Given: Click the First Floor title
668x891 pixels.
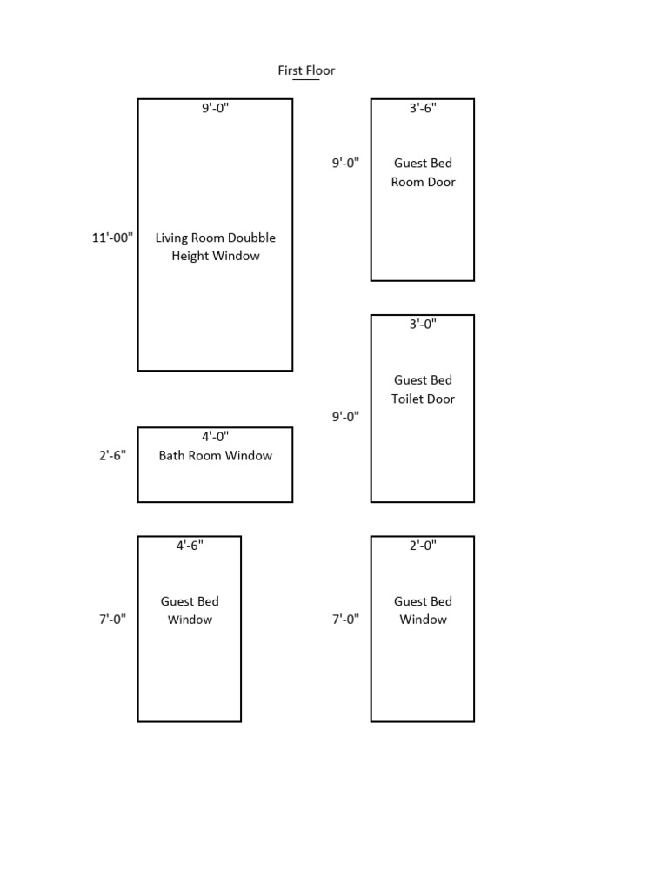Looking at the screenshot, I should click(x=306, y=70).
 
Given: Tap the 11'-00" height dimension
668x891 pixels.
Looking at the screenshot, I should click(x=112, y=238).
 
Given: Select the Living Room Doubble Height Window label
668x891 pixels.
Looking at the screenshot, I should click(x=216, y=247).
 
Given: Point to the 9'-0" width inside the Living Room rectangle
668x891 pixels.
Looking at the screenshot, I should click(x=216, y=108).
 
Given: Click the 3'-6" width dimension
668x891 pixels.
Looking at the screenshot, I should click(x=423, y=108).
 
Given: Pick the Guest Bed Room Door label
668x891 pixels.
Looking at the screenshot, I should click(x=423, y=172).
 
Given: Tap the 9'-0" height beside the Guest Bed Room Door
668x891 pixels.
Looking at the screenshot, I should click(x=345, y=163).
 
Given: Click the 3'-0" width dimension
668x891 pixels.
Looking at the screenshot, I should click(x=423, y=324).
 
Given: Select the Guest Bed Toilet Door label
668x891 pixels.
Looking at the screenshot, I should click(x=423, y=389).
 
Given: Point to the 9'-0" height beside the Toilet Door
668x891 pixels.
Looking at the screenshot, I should click(x=345, y=417).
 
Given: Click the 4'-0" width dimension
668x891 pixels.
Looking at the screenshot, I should click(x=216, y=437).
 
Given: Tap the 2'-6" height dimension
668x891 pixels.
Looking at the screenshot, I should click(x=112, y=455).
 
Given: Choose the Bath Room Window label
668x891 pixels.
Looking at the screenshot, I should click(x=216, y=455).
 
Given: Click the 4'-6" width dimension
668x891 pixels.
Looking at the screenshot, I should click(x=190, y=546).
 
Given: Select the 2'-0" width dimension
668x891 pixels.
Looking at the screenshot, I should click(x=423, y=546).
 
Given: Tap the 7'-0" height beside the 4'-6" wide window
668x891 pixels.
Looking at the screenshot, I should click(x=112, y=620).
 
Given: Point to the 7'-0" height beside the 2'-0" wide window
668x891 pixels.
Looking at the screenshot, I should click(x=345, y=620).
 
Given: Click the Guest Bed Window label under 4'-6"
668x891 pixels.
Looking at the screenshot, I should click(x=190, y=610).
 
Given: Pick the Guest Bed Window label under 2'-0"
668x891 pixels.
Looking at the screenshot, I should click(x=423, y=610).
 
